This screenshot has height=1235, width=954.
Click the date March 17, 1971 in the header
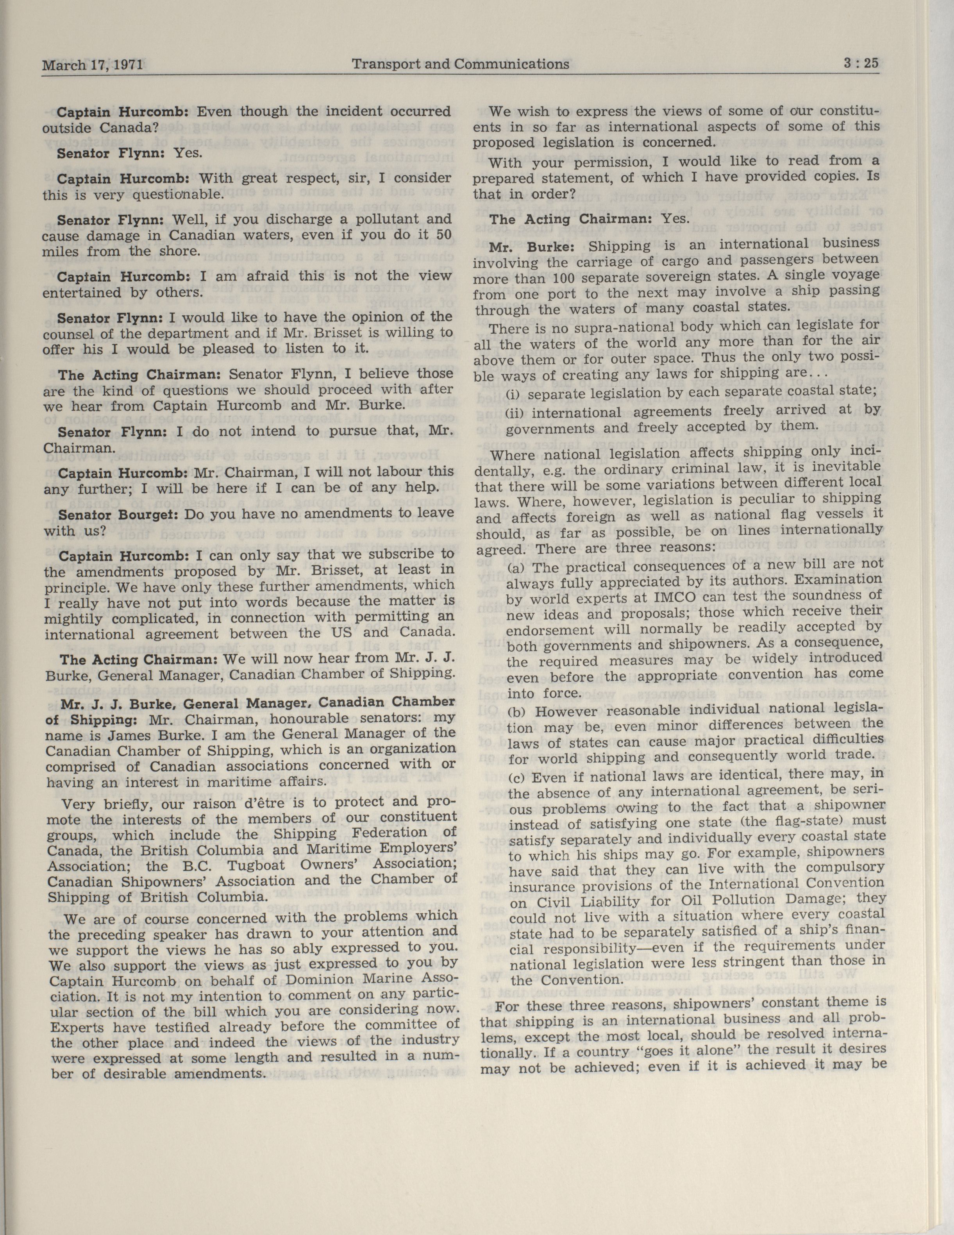(92, 65)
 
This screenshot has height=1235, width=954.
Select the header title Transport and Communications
(460, 64)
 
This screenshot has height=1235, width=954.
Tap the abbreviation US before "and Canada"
(345, 633)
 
